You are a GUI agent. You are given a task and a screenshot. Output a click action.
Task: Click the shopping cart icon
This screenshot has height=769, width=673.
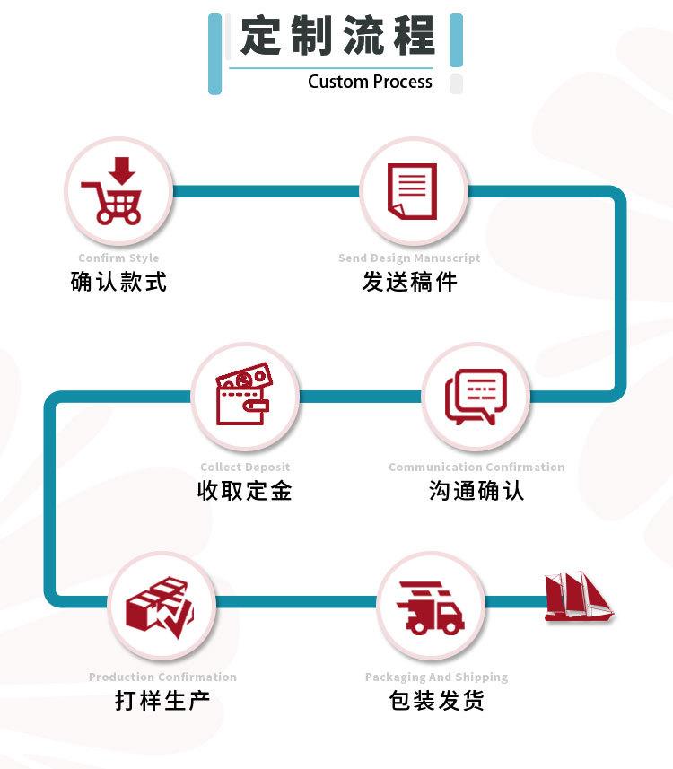[x=112, y=190]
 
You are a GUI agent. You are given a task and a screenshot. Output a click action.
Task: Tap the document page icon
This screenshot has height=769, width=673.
[x=412, y=191]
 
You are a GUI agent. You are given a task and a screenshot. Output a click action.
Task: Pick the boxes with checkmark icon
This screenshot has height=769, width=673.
[x=160, y=607]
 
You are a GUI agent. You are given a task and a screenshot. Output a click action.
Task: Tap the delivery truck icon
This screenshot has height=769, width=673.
[x=430, y=607]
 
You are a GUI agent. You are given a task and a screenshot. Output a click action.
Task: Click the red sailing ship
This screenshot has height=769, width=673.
[x=579, y=597]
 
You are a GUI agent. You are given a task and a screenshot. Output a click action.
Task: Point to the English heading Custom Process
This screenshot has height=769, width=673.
[x=370, y=82]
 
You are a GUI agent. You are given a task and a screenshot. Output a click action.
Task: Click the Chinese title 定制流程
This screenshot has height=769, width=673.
[x=337, y=35]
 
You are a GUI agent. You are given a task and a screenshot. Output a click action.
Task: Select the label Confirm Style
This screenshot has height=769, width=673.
[x=118, y=258]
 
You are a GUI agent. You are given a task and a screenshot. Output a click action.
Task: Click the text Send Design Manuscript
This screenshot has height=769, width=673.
[x=409, y=258]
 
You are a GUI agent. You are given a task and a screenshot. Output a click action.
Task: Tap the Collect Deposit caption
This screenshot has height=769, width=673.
[x=245, y=467]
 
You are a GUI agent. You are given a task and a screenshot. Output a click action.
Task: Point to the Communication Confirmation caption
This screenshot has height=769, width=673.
[x=476, y=467]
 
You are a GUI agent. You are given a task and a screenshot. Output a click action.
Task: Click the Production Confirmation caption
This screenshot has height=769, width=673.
[x=162, y=677]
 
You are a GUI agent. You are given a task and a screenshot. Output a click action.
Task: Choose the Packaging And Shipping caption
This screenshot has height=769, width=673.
[x=437, y=677]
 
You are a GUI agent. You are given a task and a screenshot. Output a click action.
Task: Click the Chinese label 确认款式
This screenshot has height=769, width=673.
[x=118, y=282]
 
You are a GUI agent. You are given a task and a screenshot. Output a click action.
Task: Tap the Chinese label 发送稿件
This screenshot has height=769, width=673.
[x=409, y=282]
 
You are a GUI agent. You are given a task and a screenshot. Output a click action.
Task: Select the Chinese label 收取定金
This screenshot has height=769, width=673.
[x=245, y=491]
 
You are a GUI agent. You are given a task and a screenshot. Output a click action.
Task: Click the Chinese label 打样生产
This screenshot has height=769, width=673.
[x=162, y=700]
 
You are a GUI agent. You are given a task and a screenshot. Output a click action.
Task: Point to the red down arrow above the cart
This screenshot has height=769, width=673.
[x=122, y=170]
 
